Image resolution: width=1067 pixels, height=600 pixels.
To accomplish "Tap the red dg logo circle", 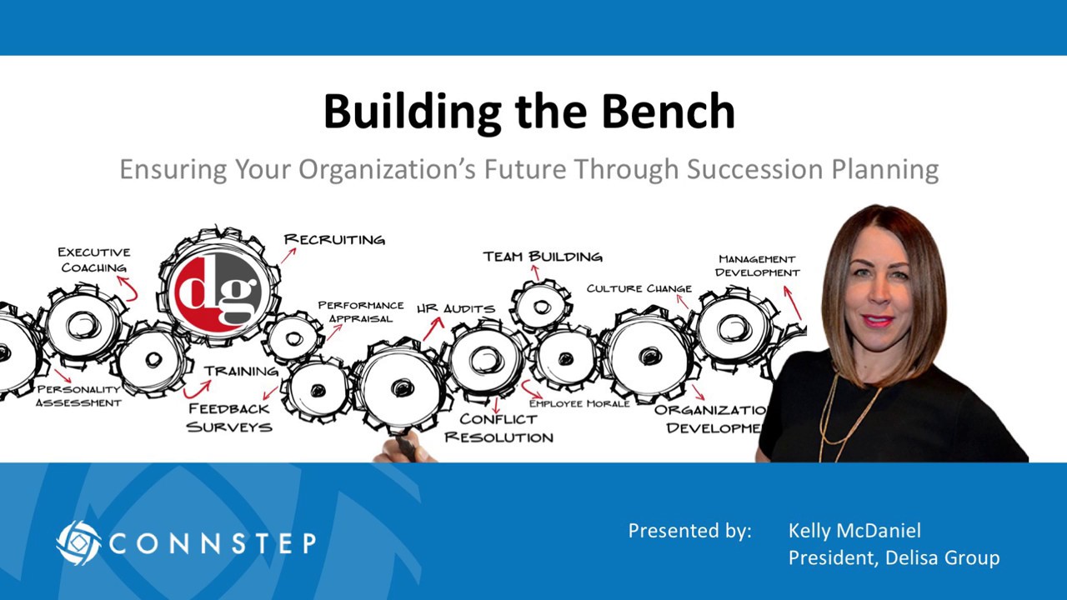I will click(x=218, y=291).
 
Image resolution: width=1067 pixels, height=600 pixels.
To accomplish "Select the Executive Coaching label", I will click(x=93, y=259).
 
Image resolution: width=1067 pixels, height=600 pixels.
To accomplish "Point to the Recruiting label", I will click(x=334, y=240).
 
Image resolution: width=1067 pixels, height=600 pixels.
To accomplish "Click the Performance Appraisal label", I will click(x=360, y=312).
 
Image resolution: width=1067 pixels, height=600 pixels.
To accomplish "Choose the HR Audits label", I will click(x=456, y=309).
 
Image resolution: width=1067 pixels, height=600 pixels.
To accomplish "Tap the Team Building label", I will click(x=542, y=257).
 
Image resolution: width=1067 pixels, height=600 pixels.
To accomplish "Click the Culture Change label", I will click(x=639, y=288).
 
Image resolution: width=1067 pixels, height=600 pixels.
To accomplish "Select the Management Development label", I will click(x=757, y=266).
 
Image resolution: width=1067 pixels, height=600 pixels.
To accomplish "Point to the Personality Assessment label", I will click(x=78, y=396).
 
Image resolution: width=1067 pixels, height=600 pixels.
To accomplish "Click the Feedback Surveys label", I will click(x=229, y=417).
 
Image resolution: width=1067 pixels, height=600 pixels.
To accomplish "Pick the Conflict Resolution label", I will click(x=498, y=428).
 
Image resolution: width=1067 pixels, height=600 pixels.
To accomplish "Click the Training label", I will click(x=241, y=372).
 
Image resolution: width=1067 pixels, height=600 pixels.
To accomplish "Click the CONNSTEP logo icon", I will click(x=78, y=543).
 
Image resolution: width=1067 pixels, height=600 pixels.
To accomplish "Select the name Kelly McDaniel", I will click(x=854, y=531).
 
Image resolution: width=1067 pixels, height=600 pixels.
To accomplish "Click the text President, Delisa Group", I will click(x=894, y=557).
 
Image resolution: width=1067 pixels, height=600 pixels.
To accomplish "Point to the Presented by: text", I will click(x=689, y=531).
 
